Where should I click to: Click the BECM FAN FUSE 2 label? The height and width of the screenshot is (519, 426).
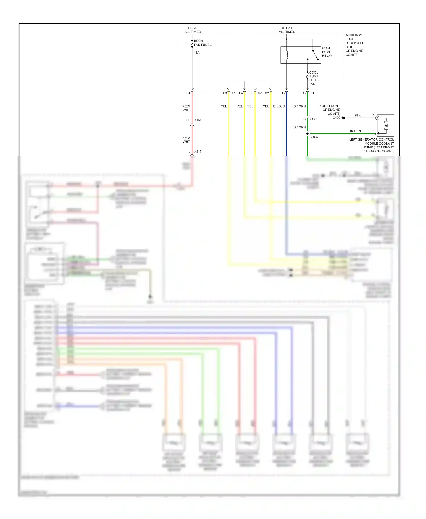pos(203,43)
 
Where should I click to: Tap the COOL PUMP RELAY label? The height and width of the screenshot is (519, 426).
pos(327,52)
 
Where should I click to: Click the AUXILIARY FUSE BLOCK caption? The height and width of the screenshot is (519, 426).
pos(355,45)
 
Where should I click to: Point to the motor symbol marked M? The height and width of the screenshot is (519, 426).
pos(386,125)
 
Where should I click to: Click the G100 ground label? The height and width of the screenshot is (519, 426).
pos(336,118)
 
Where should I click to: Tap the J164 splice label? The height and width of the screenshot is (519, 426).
pos(314,137)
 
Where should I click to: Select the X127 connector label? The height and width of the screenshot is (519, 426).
pos(313,119)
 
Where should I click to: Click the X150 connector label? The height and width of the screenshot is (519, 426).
pos(198,120)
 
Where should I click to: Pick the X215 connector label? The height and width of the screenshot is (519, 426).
pos(198,152)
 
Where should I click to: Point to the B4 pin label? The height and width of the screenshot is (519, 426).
pos(188,93)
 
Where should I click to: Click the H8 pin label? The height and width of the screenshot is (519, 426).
pos(282,93)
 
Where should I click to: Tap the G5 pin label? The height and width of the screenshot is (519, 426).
pos(303,93)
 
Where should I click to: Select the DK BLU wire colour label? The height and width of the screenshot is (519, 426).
pos(279,106)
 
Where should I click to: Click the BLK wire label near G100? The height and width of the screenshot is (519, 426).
pos(358,116)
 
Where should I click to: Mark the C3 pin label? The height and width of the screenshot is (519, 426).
pos(225,93)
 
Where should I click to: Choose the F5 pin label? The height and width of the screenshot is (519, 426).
pos(251,93)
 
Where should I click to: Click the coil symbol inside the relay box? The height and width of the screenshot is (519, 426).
pos(287,55)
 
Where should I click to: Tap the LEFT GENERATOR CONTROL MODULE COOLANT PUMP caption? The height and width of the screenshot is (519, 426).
pos(371,145)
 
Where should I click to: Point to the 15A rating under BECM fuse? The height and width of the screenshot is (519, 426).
pos(197,53)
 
